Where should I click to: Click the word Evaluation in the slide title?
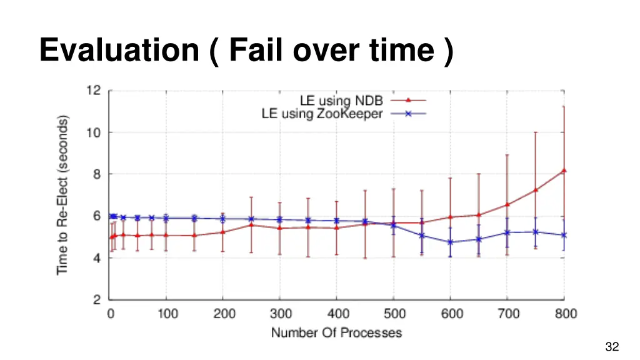click(118, 49)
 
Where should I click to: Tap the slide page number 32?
click(612, 347)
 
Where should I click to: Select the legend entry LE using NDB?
click(341, 100)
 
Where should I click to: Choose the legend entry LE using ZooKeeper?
click(322, 114)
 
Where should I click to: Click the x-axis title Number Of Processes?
click(336, 332)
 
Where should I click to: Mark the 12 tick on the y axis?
click(94, 90)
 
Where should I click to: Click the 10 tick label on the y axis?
click(94, 132)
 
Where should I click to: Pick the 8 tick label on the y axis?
click(97, 174)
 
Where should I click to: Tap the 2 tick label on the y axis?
click(97, 299)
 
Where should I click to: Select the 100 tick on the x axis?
click(167, 314)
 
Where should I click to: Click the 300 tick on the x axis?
click(281, 314)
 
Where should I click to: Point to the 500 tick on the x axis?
click(394, 314)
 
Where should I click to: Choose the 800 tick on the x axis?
click(565, 314)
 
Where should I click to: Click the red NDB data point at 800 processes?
click(564, 170)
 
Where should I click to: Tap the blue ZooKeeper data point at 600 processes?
click(450, 242)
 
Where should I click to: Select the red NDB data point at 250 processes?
click(251, 224)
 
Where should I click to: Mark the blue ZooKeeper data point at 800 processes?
click(564, 235)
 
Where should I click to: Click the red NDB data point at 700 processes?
click(507, 204)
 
